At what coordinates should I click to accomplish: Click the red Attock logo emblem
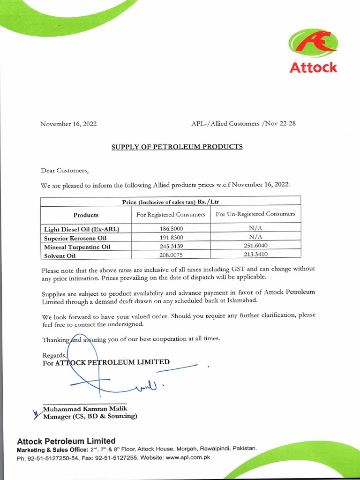[313, 45]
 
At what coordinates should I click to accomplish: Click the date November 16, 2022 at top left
[68, 124]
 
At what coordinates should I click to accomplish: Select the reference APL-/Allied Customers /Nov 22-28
[243, 124]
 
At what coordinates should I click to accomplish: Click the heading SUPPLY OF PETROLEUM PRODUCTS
[177, 147]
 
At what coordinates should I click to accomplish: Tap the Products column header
[86, 215]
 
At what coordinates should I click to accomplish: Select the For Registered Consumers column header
[171, 215]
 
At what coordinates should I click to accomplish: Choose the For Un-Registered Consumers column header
[255, 214]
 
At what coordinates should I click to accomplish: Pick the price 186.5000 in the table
[171, 229]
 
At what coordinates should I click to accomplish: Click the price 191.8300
[171, 238]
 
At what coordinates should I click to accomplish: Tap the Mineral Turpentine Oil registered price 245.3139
[171, 247]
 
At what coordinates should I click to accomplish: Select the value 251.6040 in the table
[255, 246]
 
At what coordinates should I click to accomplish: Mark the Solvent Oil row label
[60, 256]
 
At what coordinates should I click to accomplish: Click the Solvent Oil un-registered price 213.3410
[255, 255]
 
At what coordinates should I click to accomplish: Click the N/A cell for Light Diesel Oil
[255, 229]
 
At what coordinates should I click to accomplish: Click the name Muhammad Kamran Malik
[85, 409]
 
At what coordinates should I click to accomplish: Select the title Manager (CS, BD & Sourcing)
[90, 416]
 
